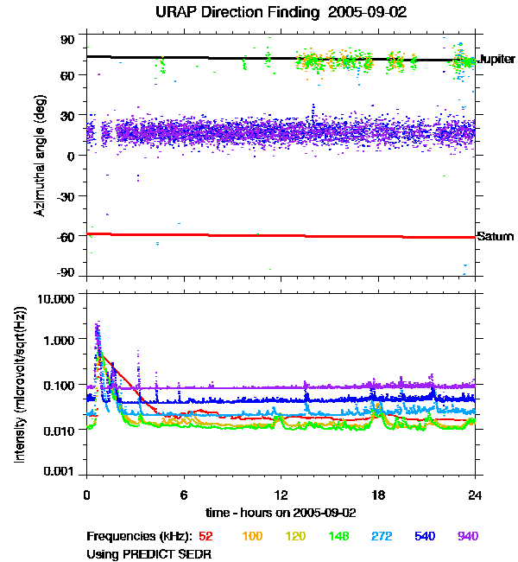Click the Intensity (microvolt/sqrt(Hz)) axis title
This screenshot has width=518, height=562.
tap(19, 384)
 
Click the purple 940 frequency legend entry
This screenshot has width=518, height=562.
tap(467, 537)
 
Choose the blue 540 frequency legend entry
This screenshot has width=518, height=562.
tap(423, 537)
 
